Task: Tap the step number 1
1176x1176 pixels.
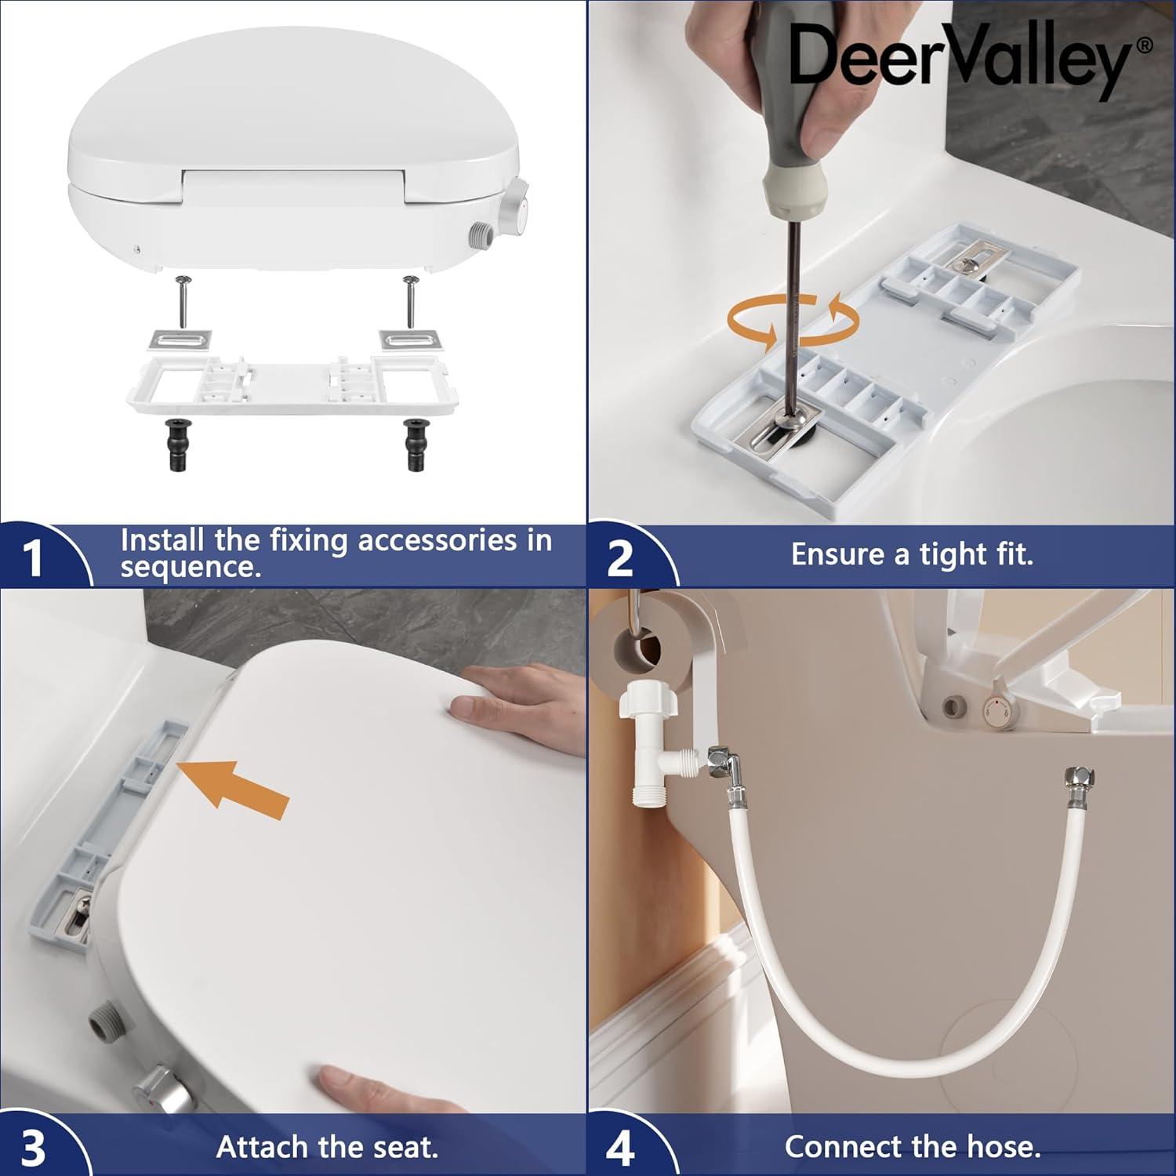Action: tap(33, 558)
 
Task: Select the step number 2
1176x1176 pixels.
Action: tap(619, 558)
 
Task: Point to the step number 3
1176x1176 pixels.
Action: tap(33, 1147)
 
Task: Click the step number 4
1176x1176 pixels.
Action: tap(619, 1147)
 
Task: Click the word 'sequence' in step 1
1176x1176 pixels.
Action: tap(190, 567)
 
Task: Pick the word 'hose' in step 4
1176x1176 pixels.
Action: tap(1002, 1147)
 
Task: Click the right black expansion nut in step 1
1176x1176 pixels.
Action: tap(415, 444)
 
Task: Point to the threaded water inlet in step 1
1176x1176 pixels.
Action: tap(481, 234)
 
